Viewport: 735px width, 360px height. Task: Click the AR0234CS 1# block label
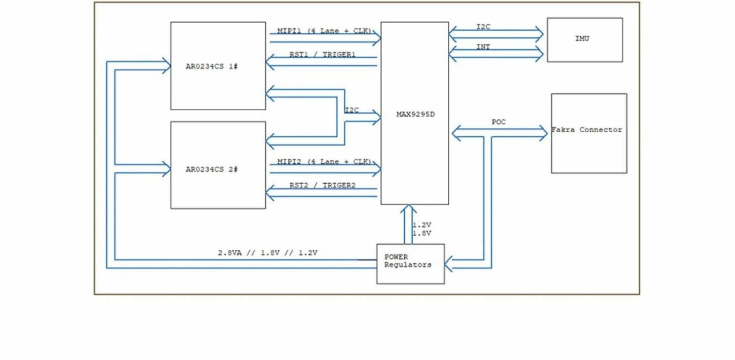click(211, 67)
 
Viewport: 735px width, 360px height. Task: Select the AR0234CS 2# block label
click(211, 170)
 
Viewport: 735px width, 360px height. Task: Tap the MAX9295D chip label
click(416, 114)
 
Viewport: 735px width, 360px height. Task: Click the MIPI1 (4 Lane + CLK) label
click(324, 31)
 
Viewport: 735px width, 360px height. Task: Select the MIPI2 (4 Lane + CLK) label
click(324, 162)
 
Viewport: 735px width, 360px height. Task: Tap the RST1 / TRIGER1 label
click(322, 54)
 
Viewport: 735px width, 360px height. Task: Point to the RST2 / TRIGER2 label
click(322, 185)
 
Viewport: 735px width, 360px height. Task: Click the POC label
click(499, 122)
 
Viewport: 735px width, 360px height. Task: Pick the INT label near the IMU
click(483, 47)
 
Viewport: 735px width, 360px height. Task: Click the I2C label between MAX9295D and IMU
click(483, 27)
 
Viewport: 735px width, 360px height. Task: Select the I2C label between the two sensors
click(352, 110)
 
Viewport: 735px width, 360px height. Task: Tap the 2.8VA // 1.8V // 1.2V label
click(267, 253)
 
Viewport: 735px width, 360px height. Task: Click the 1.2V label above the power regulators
click(422, 225)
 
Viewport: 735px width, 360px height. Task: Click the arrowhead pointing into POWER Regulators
click(448, 264)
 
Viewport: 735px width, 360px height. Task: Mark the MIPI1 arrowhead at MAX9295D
click(377, 38)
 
